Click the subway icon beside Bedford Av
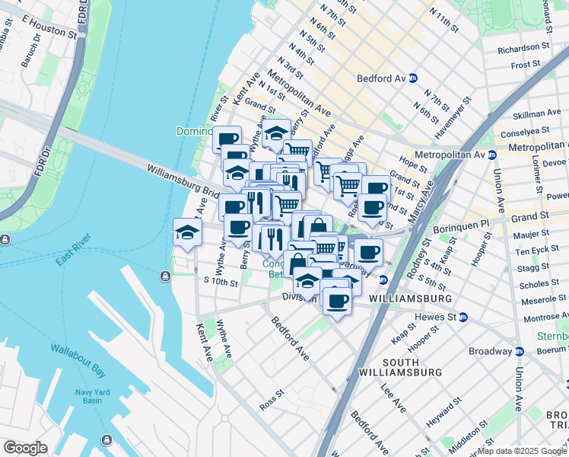click(x=413, y=78)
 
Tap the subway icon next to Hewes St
click(x=463, y=317)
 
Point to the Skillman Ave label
click(x=536, y=114)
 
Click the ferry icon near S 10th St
click(x=165, y=276)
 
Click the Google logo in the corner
click(x=25, y=447)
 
